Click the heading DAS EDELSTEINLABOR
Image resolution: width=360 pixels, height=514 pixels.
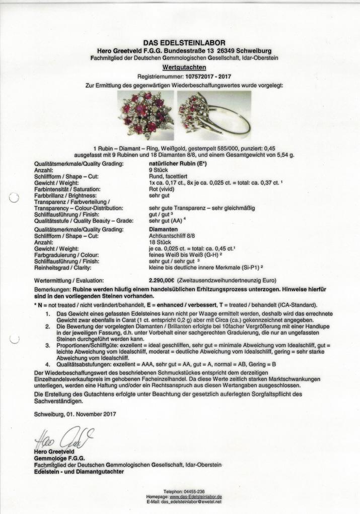coord(184,43)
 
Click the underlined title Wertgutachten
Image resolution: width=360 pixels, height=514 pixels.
coord(184,67)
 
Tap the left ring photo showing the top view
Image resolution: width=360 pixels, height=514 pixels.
coord(146,115)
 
